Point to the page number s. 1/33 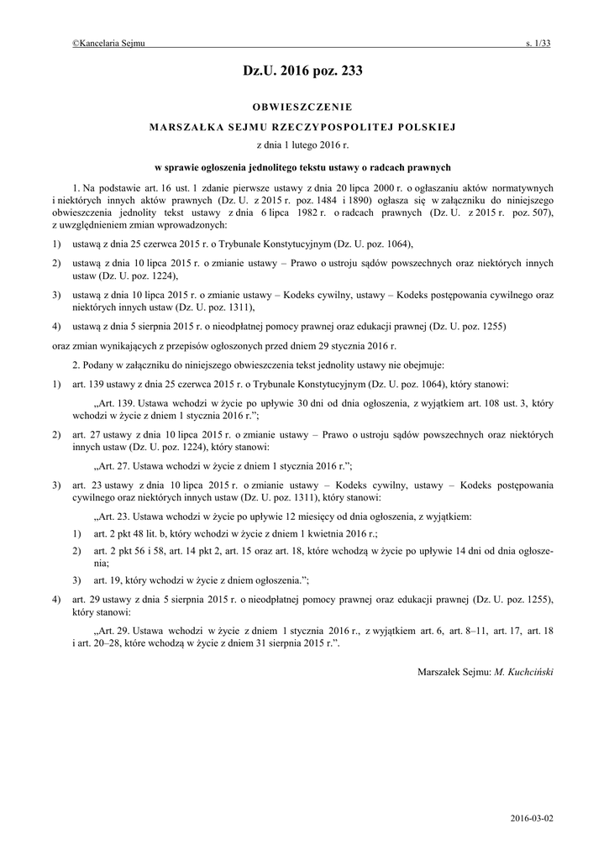pyautogui.click(x=538, y=43)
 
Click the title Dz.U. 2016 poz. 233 pyautogui.click(x=303, y=72)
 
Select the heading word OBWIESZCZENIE pyautogui.click(x=303, y=107)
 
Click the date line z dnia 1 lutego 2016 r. pyautogui.click(x=303, y=145)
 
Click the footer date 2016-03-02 pyautogui.click(x=531, y=816)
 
